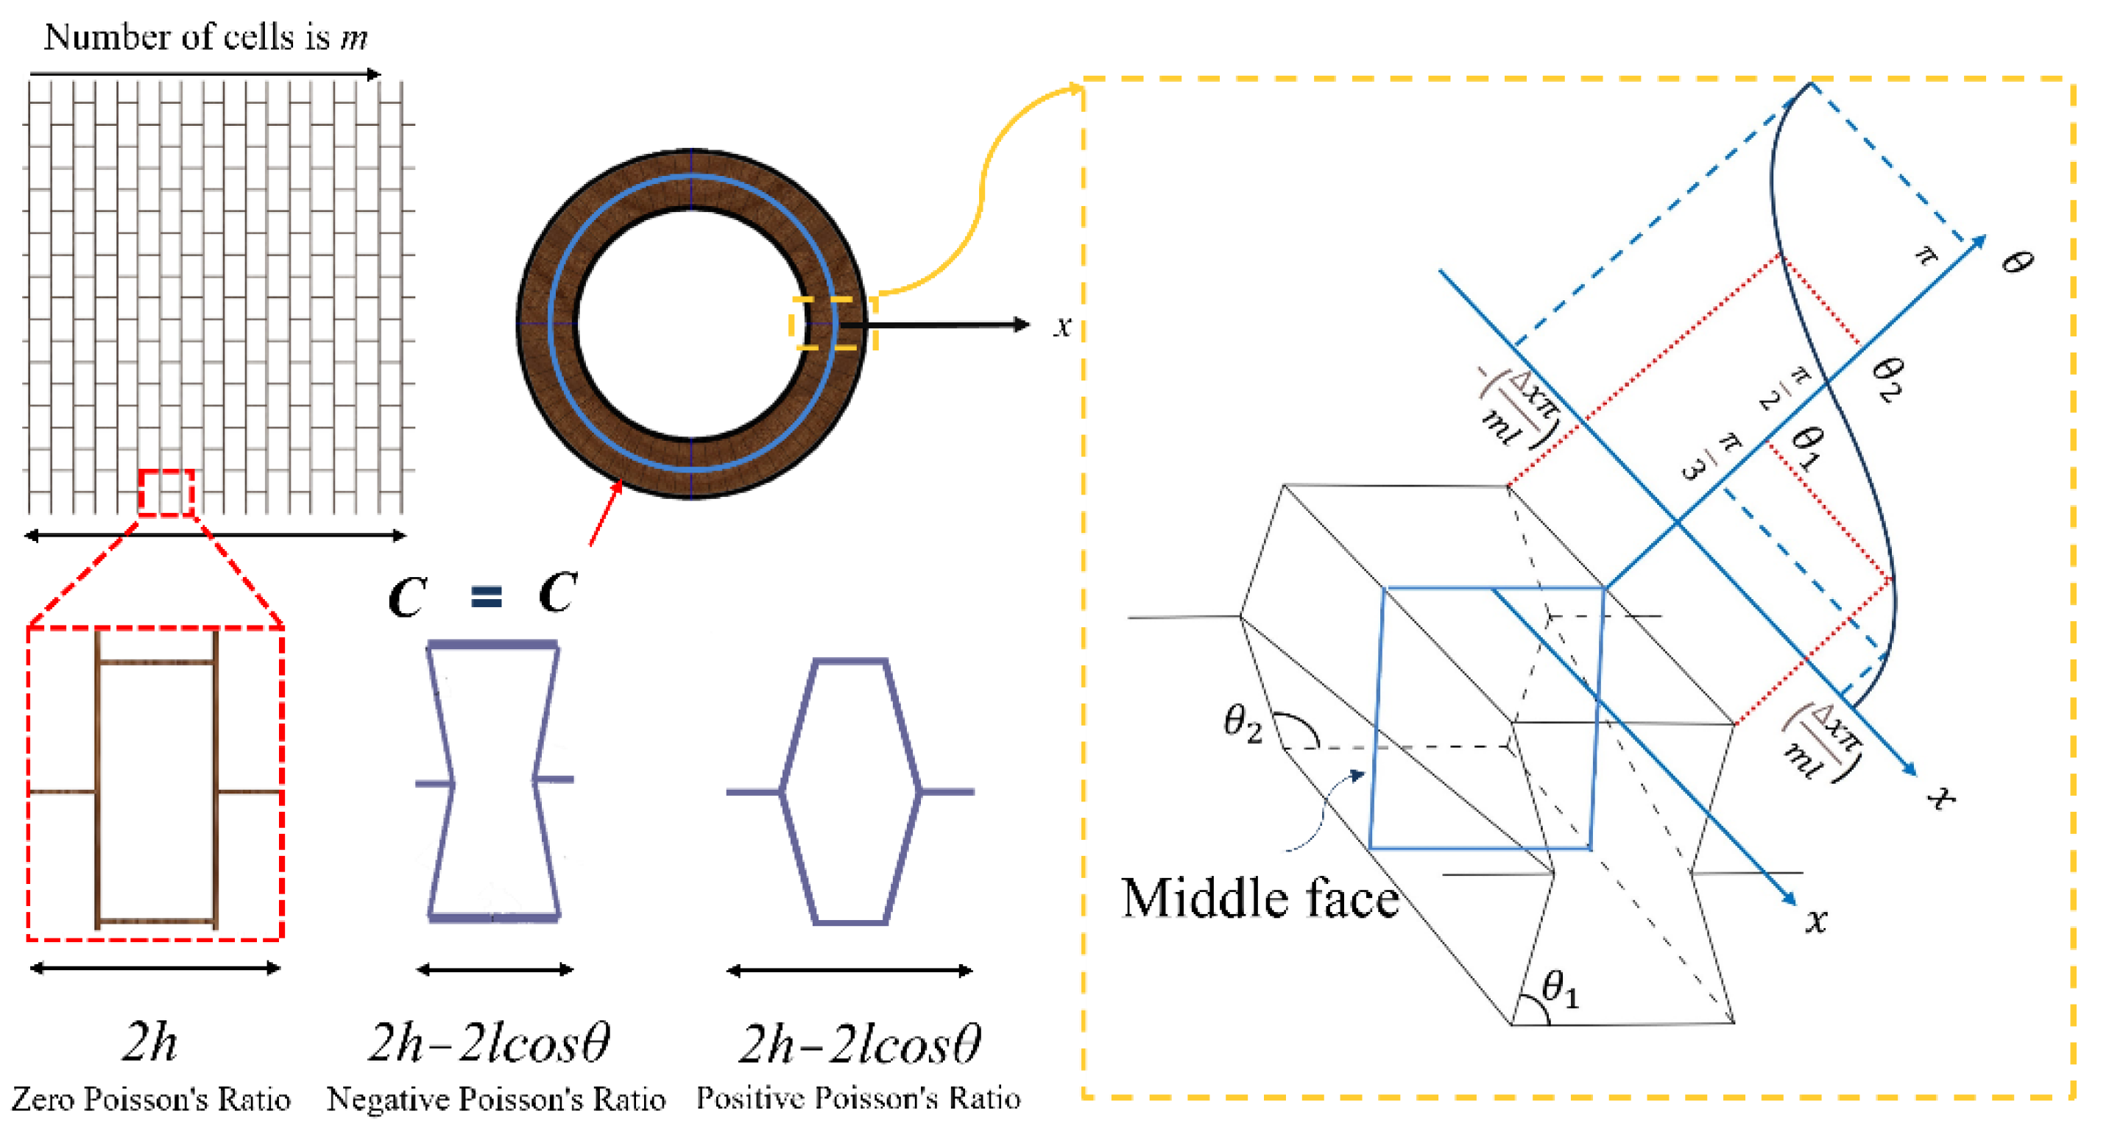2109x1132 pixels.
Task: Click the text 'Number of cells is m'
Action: (x=205, y=37)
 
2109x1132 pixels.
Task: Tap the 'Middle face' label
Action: (x=1260, y=899)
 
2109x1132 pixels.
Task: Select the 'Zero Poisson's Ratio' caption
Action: (x=151, y=1098)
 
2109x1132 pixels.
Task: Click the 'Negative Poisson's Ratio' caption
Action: (x=496, y=1098)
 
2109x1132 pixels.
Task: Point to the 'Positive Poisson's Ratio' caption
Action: (x=858, y=1097)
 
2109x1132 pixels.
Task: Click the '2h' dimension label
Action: (x=150, y=1042)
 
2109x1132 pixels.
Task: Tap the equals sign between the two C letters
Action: (x=487, y=596)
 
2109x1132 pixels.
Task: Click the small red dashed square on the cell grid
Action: (x=166, y=492)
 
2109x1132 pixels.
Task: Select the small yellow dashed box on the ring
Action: (x=833, y=324)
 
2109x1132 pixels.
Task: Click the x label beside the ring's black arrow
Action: (x=1062, y=327)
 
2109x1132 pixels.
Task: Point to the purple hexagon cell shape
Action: (x=849, y=791)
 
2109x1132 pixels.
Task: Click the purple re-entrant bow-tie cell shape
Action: (x=494, y=782)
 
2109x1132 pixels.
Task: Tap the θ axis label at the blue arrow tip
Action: (x=2016, y=262)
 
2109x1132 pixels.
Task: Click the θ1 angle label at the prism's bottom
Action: (x=1559, y=988)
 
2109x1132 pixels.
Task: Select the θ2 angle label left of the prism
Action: (x=1242, y=723)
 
